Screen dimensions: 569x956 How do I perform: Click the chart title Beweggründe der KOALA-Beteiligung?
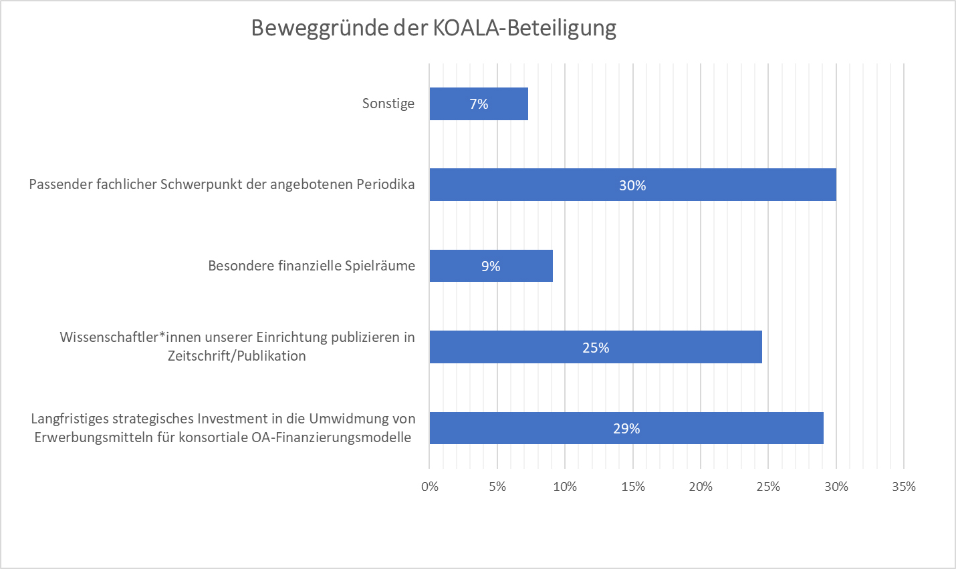coord(433,28)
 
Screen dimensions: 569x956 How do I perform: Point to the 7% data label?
coord(479,104)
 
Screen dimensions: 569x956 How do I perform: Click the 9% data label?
coord(491,266)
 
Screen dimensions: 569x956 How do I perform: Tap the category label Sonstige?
coord(388,104)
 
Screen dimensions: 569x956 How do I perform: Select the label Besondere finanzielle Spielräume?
coord(312,266)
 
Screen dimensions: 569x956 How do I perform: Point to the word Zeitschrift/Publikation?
coord(237,356)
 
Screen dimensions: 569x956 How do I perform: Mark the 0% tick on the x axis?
coord(430,487)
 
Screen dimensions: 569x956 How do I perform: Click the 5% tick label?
coord(497,487)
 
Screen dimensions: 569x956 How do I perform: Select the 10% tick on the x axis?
coord(565,487)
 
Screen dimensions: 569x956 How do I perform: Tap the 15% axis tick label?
coord(633,487)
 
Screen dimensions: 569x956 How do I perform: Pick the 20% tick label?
coord(701,487)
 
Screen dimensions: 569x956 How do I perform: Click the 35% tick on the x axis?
coord(903,487)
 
